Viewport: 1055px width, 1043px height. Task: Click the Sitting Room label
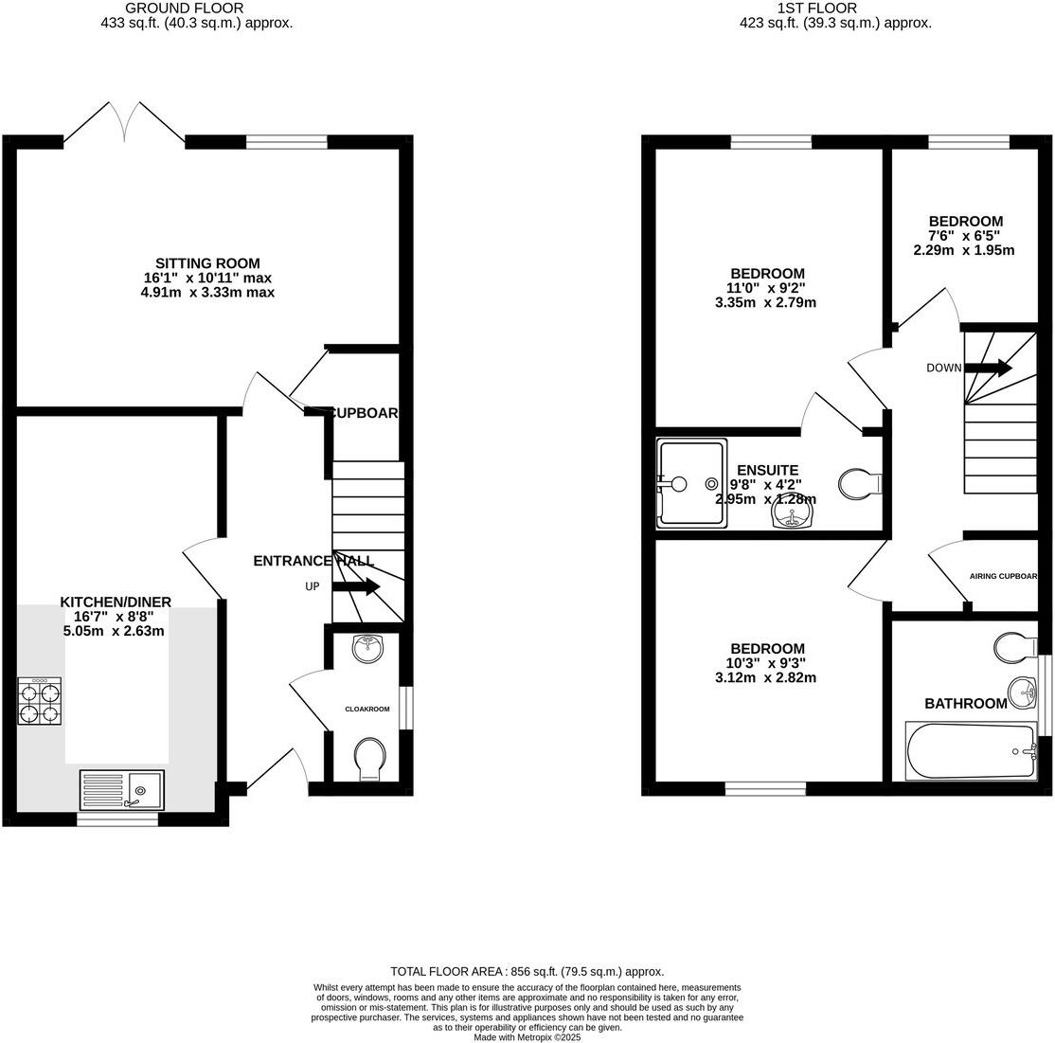coord(207,263)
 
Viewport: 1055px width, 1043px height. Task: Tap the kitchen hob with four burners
coord(40,702)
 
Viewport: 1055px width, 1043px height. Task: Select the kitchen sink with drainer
coord(121,789)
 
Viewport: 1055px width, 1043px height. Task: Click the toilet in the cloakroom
coord(368,759)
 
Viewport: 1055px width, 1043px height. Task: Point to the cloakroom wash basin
coord(367,648)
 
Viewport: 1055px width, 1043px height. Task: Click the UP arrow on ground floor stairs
coord(355,587)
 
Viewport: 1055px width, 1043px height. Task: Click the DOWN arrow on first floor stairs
coord(989,368)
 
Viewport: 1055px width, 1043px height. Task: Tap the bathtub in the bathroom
coord(971,752)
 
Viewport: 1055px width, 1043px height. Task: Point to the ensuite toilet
coord(860,483)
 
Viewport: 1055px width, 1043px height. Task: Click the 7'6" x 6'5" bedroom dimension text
coord(964,236)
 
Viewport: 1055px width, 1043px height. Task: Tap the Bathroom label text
coord(965,703)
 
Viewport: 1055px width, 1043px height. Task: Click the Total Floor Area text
coord(527,971)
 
